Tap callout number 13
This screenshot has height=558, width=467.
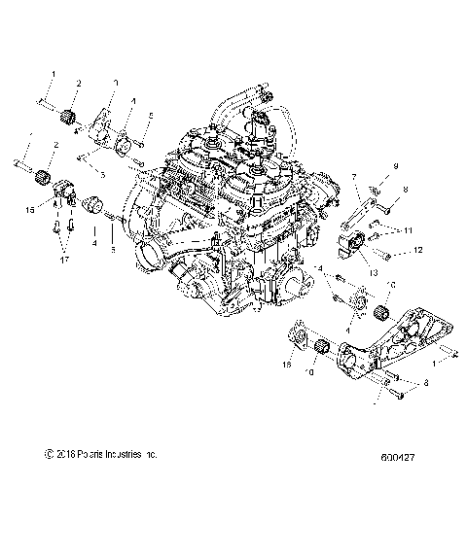coord(373,274)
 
